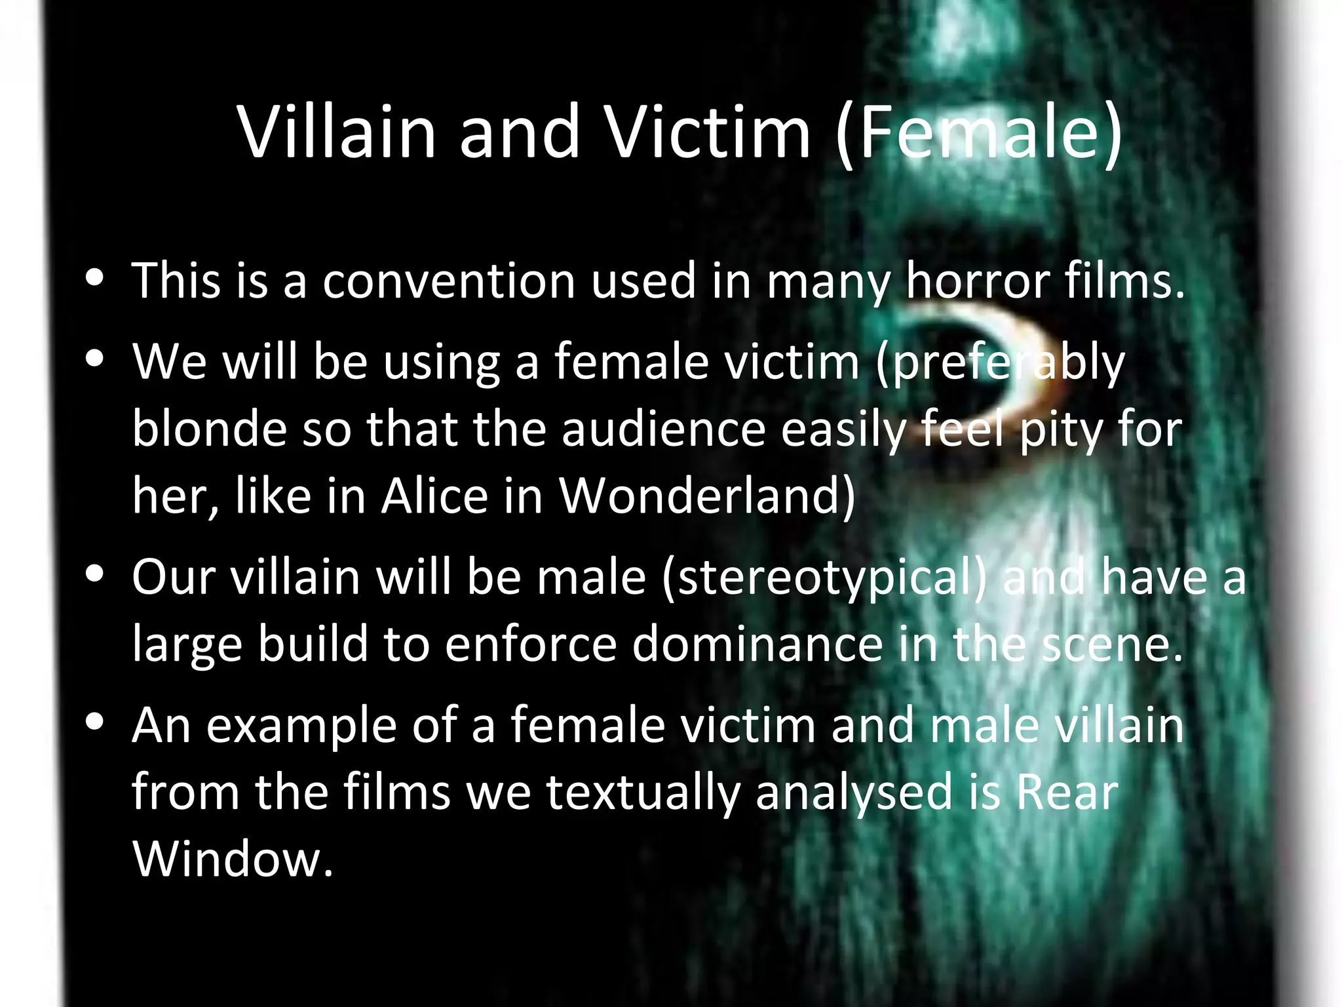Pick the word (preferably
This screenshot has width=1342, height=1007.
pyautogui.click(x=1000, y=363)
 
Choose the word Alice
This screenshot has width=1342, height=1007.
pyautogui.click(x=435, y=496)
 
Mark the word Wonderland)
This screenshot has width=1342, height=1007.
pyautogui.click(x=707, y=496)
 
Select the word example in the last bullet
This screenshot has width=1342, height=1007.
pyautogui.click(x=301, y=726)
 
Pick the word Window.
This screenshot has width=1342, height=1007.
pyautogui.click(x=233, y=859)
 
